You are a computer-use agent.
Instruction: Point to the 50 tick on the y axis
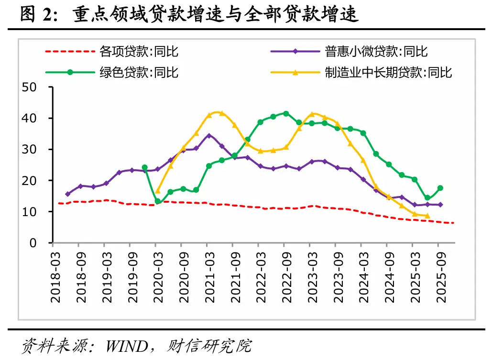click(x=30, y=87)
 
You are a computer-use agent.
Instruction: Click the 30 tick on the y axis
click(x=30, y=149)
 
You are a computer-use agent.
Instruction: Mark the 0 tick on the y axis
click(x=33, y=243)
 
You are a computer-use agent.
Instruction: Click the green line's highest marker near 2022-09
click(x=286, y=113)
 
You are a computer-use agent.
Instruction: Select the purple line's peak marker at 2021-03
click(x=209, y=135)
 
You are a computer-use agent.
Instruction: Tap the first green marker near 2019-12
click(x=144, y=167)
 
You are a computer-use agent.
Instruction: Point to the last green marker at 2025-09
click(x=440, y=188)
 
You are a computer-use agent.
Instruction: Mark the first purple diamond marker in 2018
click(x=67, y=194)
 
